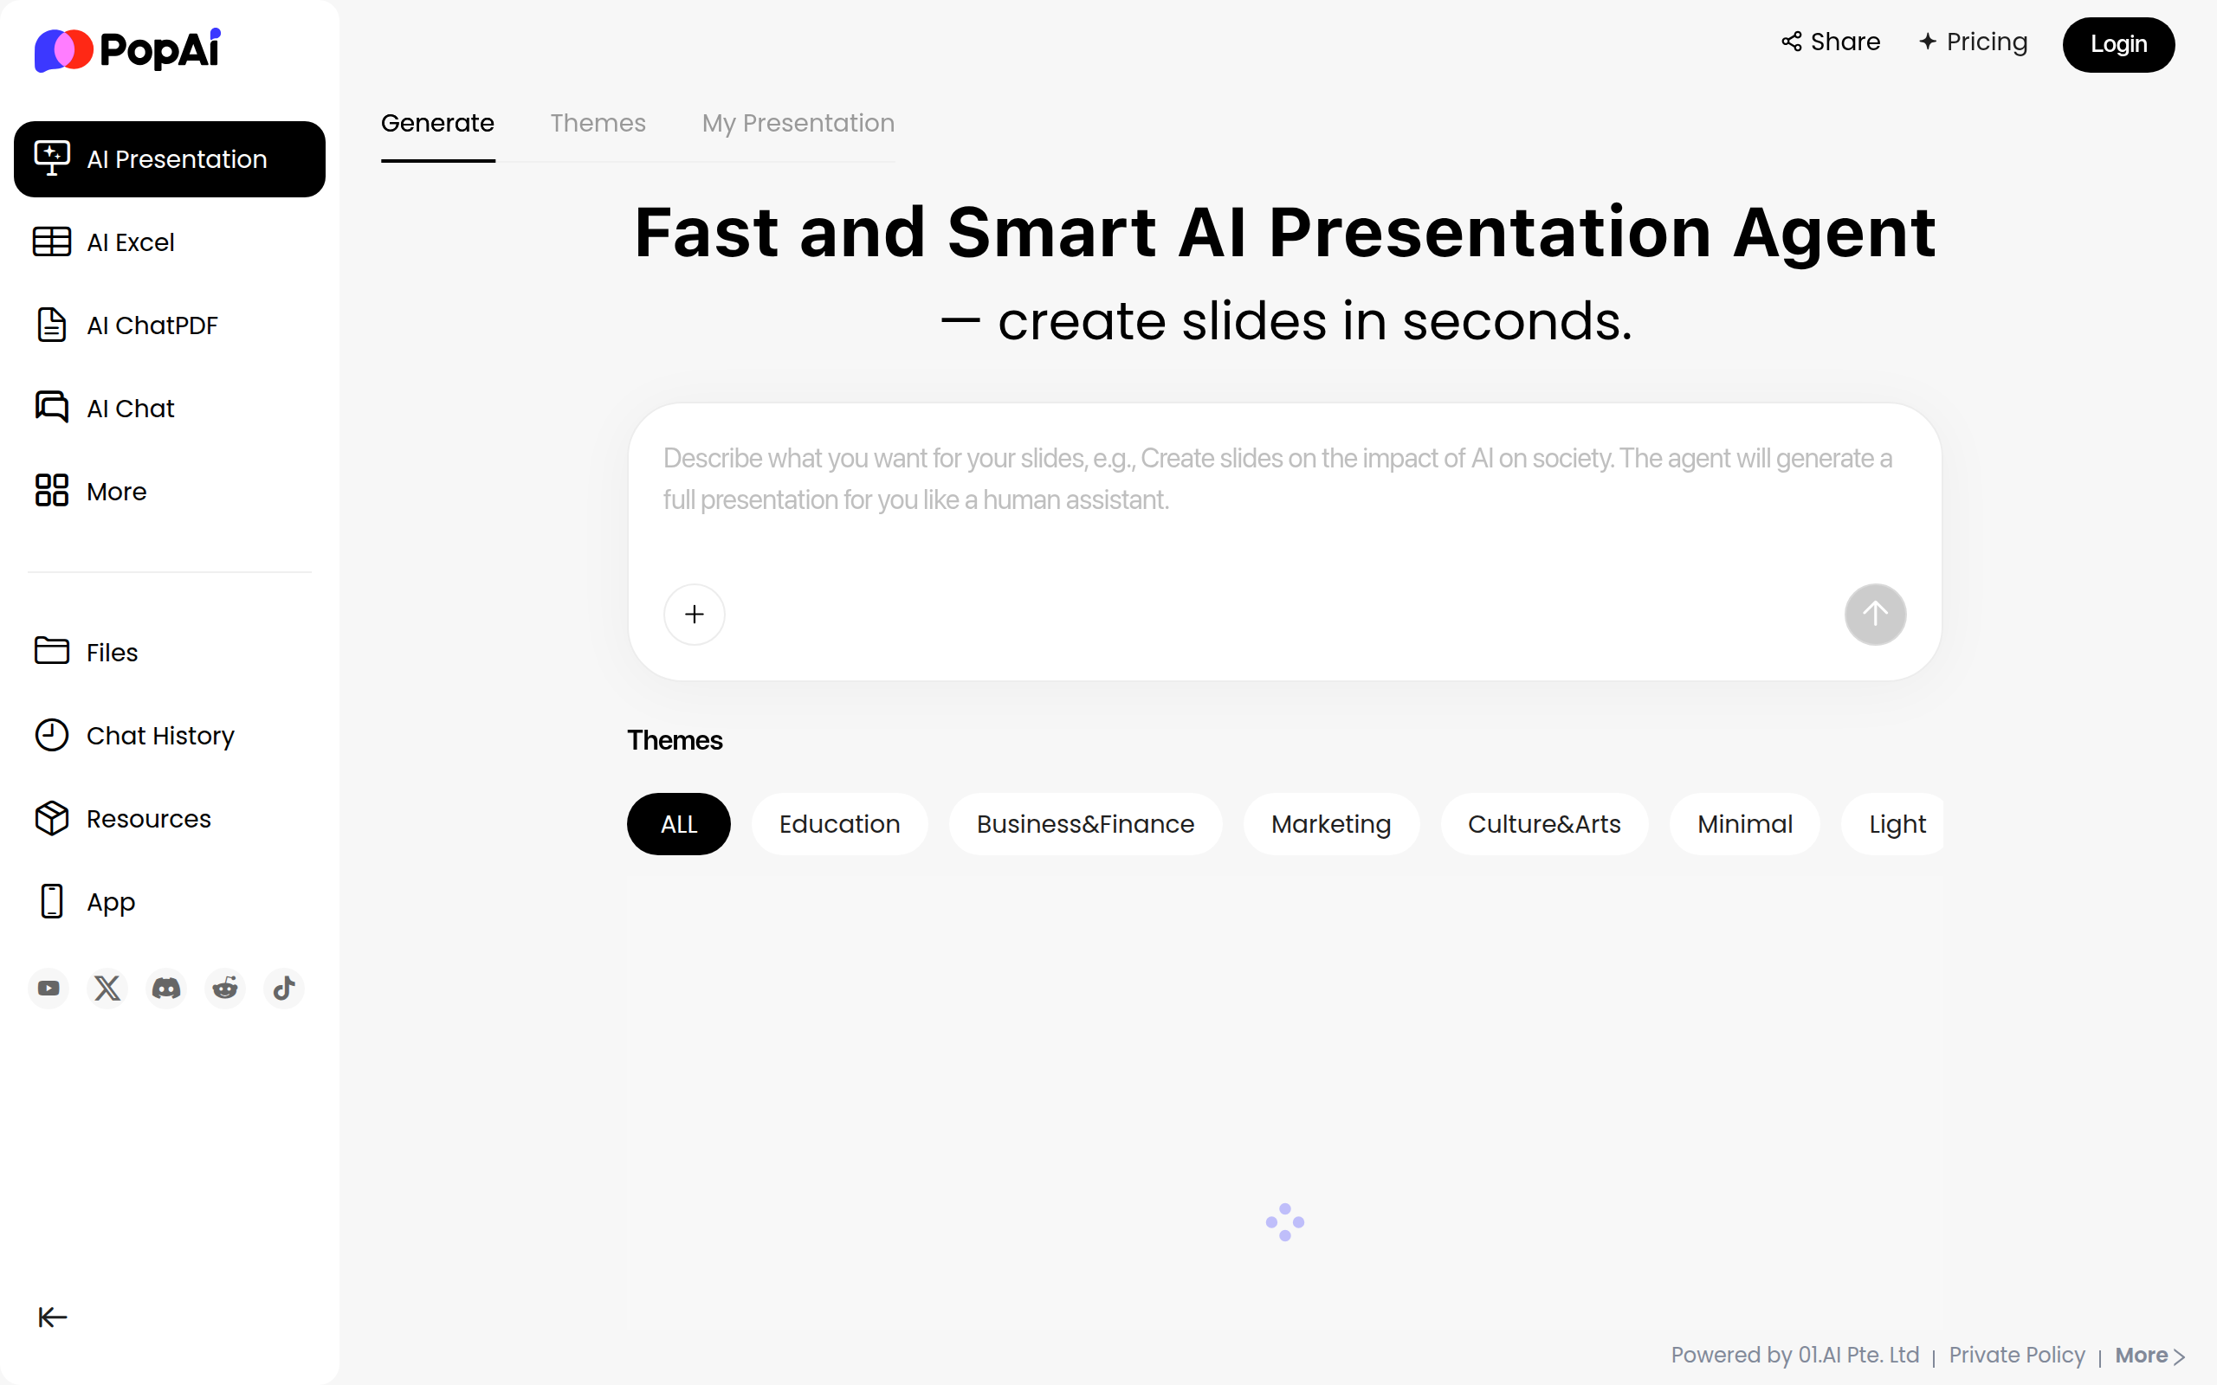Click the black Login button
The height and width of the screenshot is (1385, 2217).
click(x=2117, y=44)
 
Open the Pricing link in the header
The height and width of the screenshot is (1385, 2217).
click(x=1974, y=42)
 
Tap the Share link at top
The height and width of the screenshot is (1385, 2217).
click(x=1831, y=42)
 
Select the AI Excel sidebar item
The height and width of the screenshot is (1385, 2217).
click(x=130, y=242)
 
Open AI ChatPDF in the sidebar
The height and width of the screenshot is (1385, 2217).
click(x=152, y=325)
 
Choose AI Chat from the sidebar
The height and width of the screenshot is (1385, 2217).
click(x=130, y=409)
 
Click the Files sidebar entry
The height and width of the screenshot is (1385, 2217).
click(x=112, y=652)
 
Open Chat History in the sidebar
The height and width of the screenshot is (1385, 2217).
click(x=159, y=736)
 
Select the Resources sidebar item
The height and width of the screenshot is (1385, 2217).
click(x=148, y=819)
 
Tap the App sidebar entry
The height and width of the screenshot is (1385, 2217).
click(x=110, y=902)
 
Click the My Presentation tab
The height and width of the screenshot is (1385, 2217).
click(x=798, y=123)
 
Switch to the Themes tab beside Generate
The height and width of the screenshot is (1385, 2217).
click(x=598, y=123)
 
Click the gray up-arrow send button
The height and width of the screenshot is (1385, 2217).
click(x=1874, y=614)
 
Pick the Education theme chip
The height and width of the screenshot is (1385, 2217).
click(x=839, y=824)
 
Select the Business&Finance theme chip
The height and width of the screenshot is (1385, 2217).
click(x=1084, y=824)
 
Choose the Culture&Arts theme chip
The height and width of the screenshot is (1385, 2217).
click(x=1543, y=824)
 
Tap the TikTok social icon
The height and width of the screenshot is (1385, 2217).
click(x=284, y=989)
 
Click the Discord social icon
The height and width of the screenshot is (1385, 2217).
click(x=165, y=989)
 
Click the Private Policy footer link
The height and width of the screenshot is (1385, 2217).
click(x=2016, y=1355)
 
